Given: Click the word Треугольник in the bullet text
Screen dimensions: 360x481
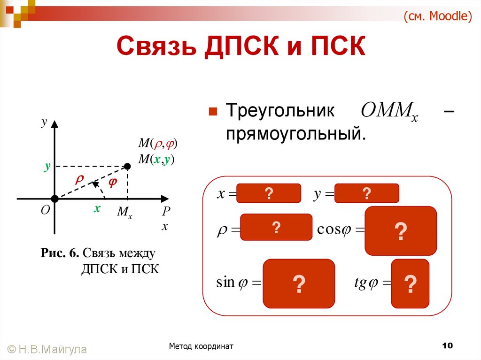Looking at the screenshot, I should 280,112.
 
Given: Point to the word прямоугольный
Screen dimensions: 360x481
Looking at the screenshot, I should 295,135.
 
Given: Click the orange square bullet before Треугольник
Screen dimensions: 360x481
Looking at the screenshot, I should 212,112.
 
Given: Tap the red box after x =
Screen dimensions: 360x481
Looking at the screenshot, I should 269,193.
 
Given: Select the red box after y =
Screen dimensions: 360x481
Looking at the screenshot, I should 366,193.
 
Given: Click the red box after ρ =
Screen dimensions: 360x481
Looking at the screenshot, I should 276,228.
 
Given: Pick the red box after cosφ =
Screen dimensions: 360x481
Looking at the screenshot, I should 400,231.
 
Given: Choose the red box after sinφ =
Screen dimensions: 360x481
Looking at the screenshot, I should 299,283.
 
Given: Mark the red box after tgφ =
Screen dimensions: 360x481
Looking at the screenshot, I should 410,283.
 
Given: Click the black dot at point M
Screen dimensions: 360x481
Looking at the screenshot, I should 127,166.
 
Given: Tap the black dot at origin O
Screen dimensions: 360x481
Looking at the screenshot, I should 54,199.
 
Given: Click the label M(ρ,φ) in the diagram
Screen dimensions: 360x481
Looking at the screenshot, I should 157,144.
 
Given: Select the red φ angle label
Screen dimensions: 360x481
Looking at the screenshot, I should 112,183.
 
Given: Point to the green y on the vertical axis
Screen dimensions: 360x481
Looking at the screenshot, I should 47,166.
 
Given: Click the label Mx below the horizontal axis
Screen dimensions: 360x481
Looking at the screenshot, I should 124,212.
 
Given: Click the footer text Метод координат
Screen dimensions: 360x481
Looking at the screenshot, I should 202,346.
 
